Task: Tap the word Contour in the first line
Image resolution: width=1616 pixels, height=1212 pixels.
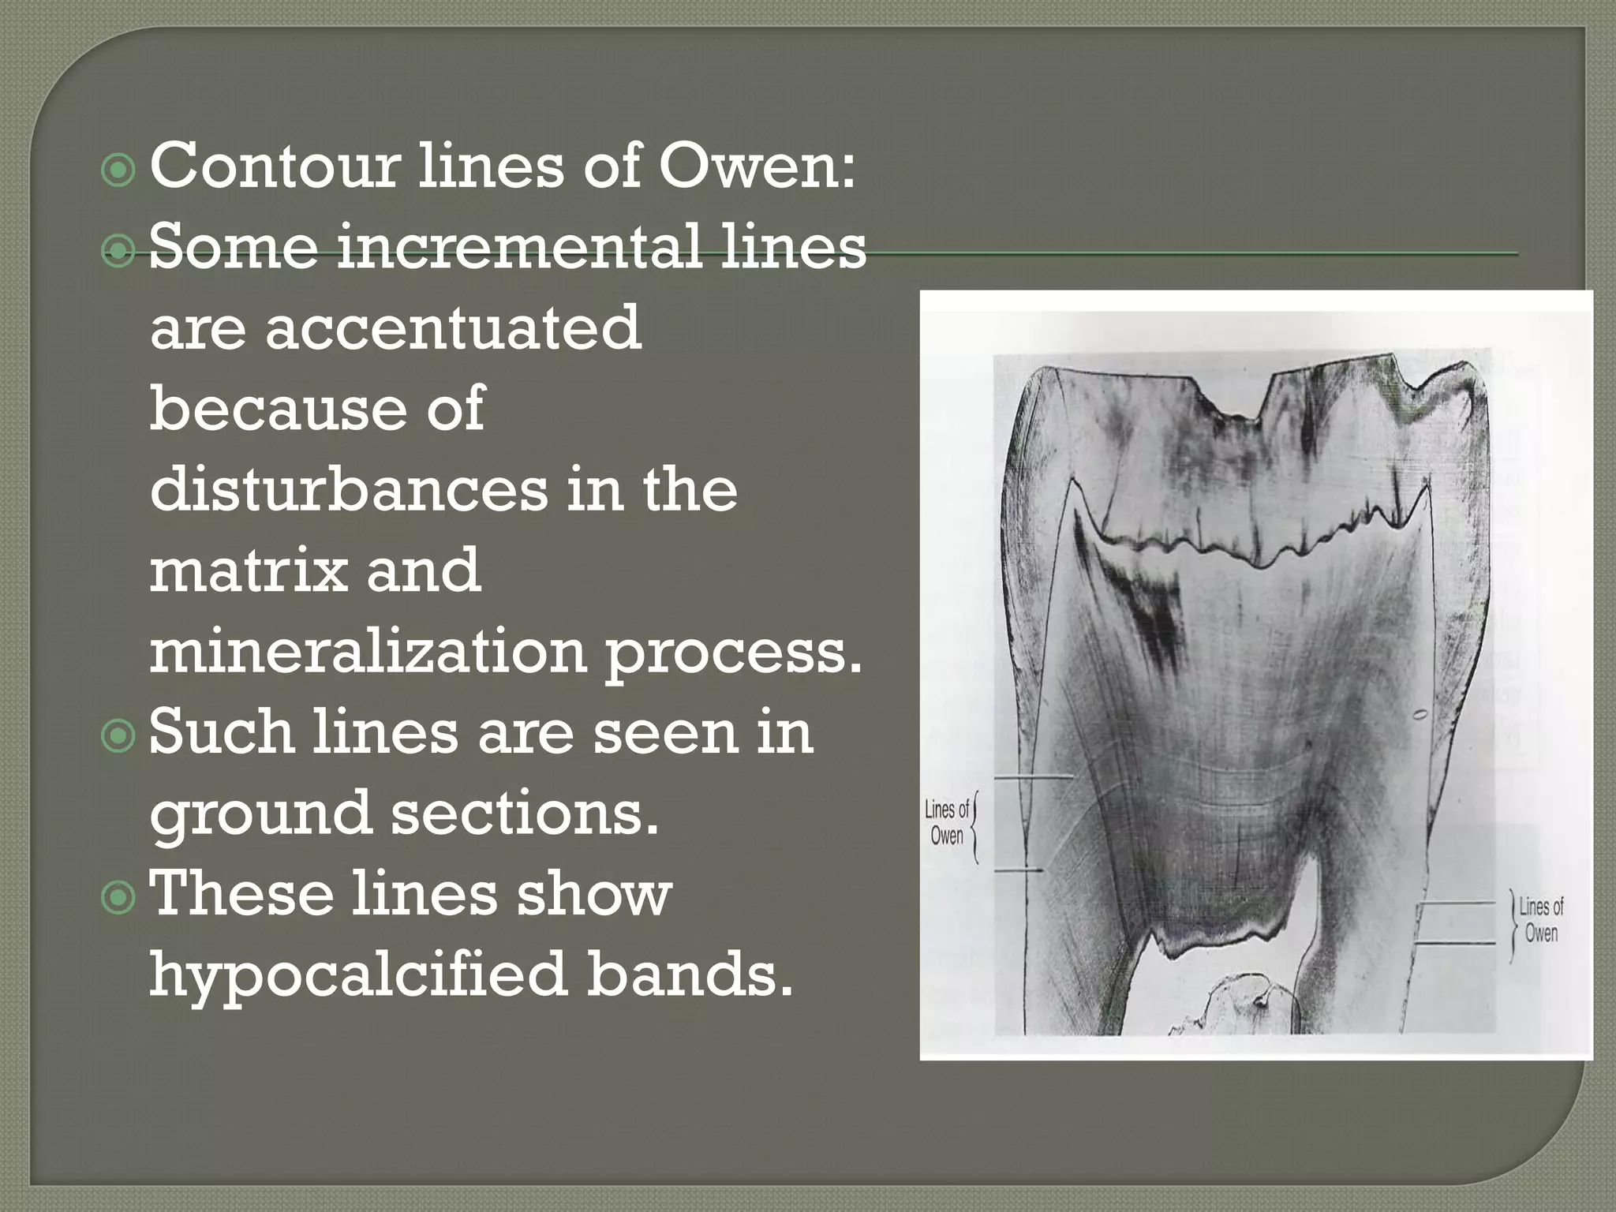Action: click(x=274, y=166)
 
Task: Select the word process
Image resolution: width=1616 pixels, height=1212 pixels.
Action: click(x=733, y=653)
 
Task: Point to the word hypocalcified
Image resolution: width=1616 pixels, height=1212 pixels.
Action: click(x=358, y=974)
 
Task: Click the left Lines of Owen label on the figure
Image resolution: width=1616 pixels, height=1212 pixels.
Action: click(x=947, y=822)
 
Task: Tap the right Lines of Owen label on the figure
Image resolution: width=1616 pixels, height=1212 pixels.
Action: click(x=1541, y=920)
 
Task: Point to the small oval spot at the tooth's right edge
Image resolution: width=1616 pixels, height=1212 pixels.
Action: click(x=1419, y=716)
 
